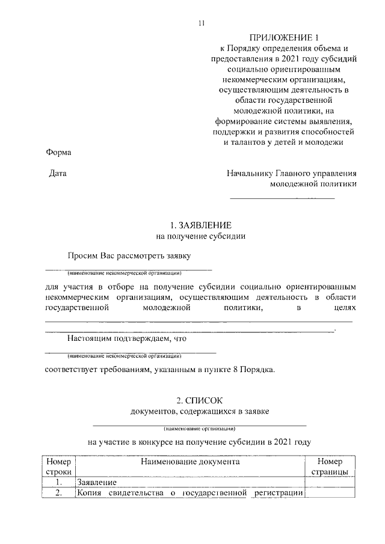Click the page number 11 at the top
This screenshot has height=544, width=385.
click(202, 23)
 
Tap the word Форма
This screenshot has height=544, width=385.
click(58, 152)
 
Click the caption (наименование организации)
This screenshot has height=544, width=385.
click(200, 429)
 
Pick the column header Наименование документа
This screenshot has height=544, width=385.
click(191, 462)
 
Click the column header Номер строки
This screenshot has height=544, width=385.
click(58, 467)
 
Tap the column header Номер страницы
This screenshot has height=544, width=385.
click(331, 467)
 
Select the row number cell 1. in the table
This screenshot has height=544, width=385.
click(58, 482)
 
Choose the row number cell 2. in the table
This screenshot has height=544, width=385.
click(58, 494)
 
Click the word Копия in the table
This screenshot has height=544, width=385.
click(89, 494)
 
